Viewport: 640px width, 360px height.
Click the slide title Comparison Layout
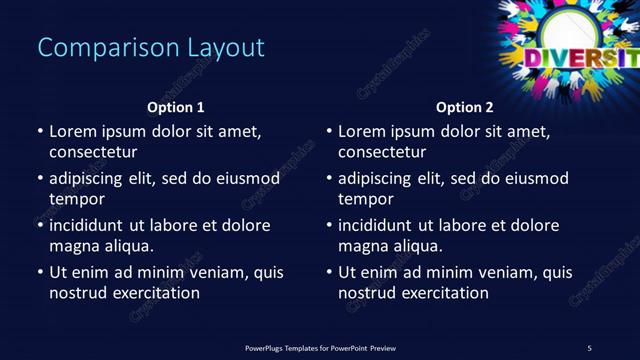coord(151,47)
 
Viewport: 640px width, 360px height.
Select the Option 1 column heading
coord(176,107)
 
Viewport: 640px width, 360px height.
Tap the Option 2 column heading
coord(465,107)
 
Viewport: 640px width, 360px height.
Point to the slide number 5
coord(589,348)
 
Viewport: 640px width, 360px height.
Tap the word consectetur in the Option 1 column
coord(93,152)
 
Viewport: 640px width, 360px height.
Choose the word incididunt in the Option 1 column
coord(91,225)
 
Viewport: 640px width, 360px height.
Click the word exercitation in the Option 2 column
coord(443,293)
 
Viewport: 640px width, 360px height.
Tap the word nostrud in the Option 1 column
coord(78,293)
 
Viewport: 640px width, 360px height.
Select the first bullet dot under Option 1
coord(40,131)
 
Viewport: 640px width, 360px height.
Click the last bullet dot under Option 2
coord(329,272)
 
